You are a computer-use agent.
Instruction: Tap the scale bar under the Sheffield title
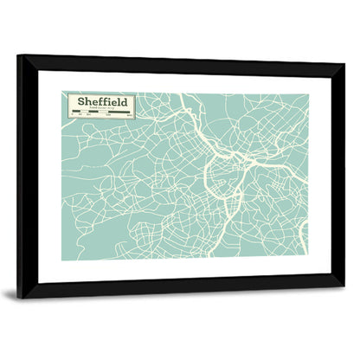coord(101,114)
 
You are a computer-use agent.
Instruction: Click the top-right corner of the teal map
coord(307,93)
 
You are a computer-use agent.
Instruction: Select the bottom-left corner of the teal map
coord(62,258)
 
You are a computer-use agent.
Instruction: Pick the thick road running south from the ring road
coord(227,216)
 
